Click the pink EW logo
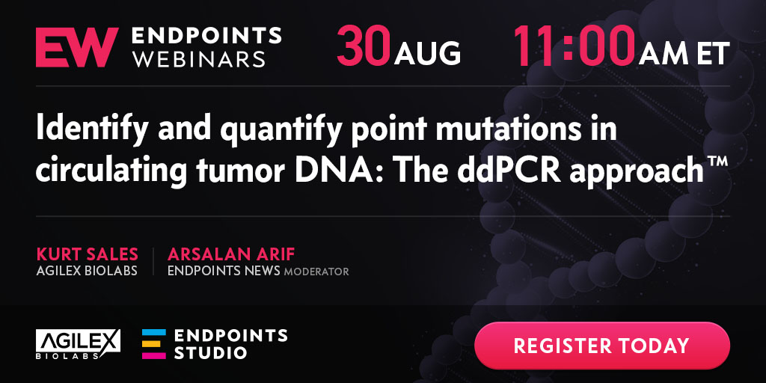coord(77,47)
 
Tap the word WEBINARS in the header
coord(199,58)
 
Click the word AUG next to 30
coord(427,53)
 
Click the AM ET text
coord(684,53)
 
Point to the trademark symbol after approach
coord(717,162)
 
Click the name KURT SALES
coord(87,254)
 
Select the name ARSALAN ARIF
coord(231,254)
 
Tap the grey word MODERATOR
coord(316,272)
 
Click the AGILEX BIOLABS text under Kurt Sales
coord(87,271)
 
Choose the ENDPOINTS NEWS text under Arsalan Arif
coord(224,271)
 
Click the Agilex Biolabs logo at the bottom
coord(78,344)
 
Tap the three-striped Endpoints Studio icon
coord(154,344)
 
